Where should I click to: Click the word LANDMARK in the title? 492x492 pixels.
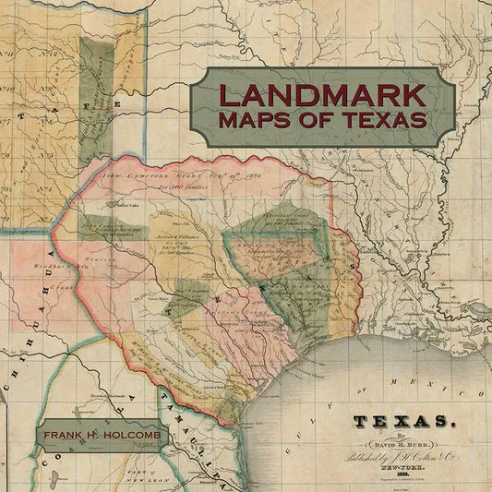click(x=322, y=94)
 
